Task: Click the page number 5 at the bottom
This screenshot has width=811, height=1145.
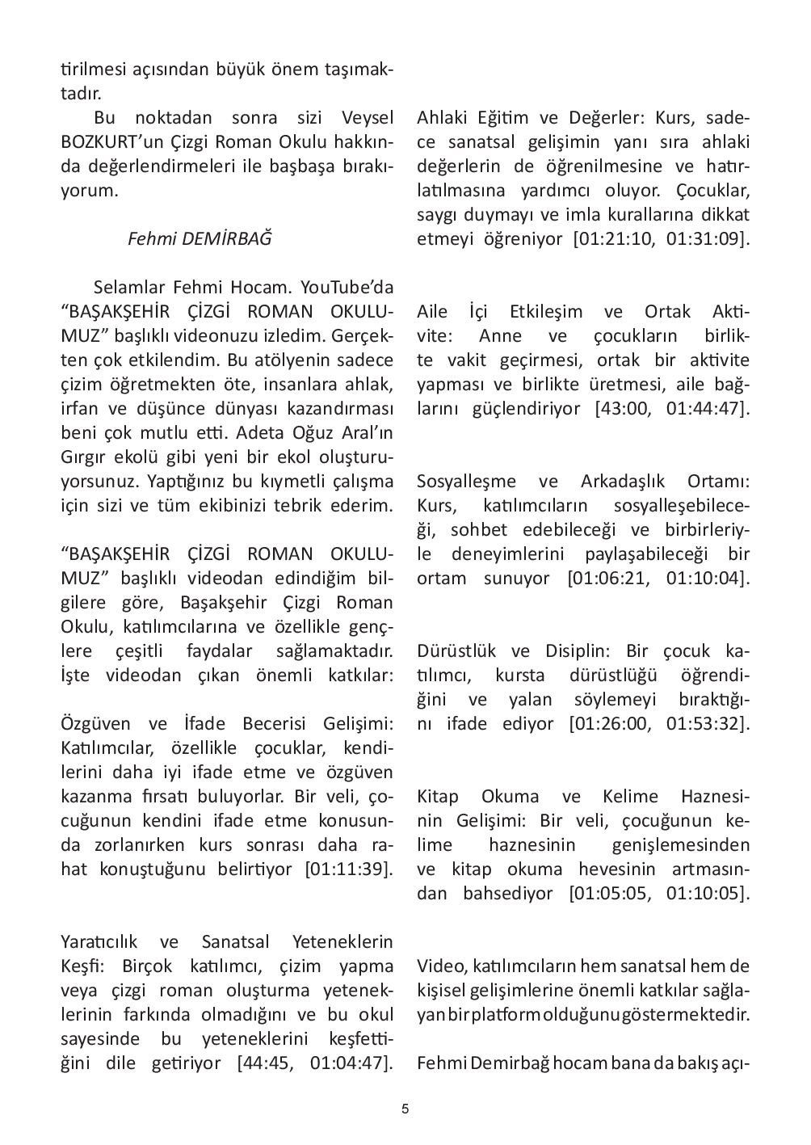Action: pos(405,1109)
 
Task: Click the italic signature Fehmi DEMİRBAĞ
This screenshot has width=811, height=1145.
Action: pos(200,239)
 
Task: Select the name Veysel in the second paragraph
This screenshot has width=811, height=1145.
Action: pos(368,118)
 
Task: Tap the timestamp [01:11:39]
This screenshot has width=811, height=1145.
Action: pos(349,869)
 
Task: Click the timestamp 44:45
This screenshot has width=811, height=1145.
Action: pos(268,1063)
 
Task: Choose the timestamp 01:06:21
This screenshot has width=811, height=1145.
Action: pos(607,579)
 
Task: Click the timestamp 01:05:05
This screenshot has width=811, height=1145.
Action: pos(607,893)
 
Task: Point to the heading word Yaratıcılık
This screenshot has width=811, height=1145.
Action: pos(99,942)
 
